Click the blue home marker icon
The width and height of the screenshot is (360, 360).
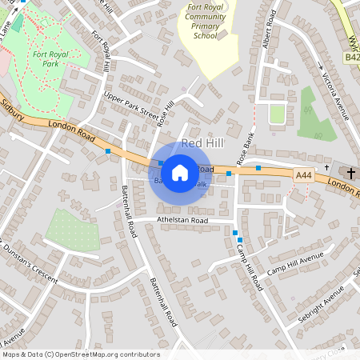click(180, 172)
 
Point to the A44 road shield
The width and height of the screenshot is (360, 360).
click(303, 175)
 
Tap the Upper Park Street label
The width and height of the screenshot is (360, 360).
click(132, 105)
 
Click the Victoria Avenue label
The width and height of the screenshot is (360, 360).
click(335, 94)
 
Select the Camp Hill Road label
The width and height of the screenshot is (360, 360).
click(250, 265)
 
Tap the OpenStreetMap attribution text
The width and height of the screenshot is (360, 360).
click(80, 354)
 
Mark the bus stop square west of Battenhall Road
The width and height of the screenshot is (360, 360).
click(108, 150)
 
